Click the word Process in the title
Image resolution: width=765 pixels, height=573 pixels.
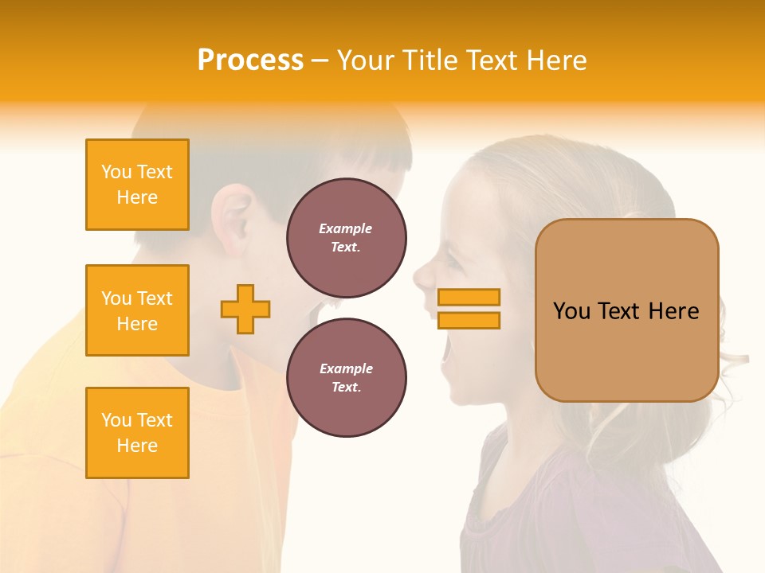[250, 60]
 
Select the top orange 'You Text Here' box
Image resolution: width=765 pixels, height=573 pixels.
[137, 185]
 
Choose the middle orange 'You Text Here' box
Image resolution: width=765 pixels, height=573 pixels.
[137, 310]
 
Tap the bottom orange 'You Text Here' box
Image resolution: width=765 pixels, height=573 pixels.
[137, 433]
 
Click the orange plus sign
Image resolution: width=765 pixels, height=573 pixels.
[245, 309]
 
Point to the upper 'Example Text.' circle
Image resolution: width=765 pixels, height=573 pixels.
[346, 238]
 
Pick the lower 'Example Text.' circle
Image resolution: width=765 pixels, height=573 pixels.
[346, 378]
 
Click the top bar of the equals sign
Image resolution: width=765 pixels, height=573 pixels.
[469, 297]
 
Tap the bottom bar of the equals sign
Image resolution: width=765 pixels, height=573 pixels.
[469, 320]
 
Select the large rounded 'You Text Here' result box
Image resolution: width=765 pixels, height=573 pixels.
[626, 310]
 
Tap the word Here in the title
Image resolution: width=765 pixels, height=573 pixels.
[555, 60]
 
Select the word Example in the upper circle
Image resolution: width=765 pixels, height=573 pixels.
[346, 229]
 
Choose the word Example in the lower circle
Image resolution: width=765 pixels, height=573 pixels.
[346, 369]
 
